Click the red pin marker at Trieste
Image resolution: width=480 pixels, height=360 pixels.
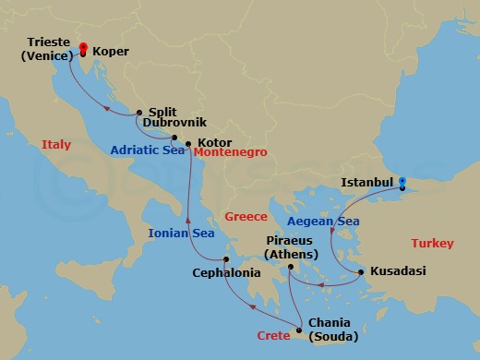pos(82,48)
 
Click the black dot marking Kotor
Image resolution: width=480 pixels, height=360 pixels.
pos(188,144)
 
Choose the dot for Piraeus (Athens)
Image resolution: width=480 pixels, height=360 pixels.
pos(290,268)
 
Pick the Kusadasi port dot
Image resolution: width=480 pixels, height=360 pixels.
pos(360,271)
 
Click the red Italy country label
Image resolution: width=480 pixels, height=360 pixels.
pos(55,144)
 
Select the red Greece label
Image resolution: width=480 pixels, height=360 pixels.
pos(246,217)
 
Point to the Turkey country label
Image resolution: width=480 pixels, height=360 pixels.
pos(432,244)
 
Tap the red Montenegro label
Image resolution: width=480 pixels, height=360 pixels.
pos(232,151)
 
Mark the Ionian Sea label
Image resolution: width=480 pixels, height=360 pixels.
pos(181,234)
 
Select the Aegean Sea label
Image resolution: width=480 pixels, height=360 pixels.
pos(323,222)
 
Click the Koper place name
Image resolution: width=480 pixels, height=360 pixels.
pos(111,53)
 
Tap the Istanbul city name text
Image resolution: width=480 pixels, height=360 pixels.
pos(367,183)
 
